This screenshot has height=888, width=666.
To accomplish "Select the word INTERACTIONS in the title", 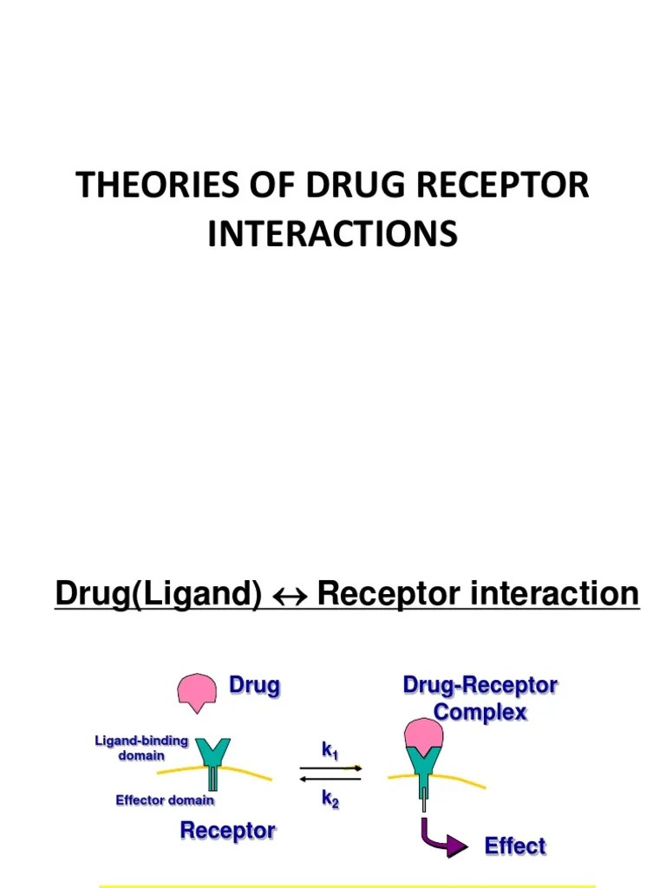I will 332,234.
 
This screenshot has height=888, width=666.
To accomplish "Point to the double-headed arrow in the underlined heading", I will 290,596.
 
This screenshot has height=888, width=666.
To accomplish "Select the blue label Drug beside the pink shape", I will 254,686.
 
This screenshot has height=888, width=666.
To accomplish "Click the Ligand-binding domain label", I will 140,748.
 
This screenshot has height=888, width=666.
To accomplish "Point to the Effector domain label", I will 165,800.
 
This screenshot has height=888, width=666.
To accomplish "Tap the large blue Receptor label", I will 227,830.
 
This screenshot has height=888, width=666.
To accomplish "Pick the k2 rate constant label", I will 330,799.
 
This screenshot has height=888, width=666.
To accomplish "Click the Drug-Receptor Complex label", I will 480,699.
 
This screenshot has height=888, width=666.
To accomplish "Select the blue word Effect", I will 515,846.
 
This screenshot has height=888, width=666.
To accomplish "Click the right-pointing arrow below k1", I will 332,767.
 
